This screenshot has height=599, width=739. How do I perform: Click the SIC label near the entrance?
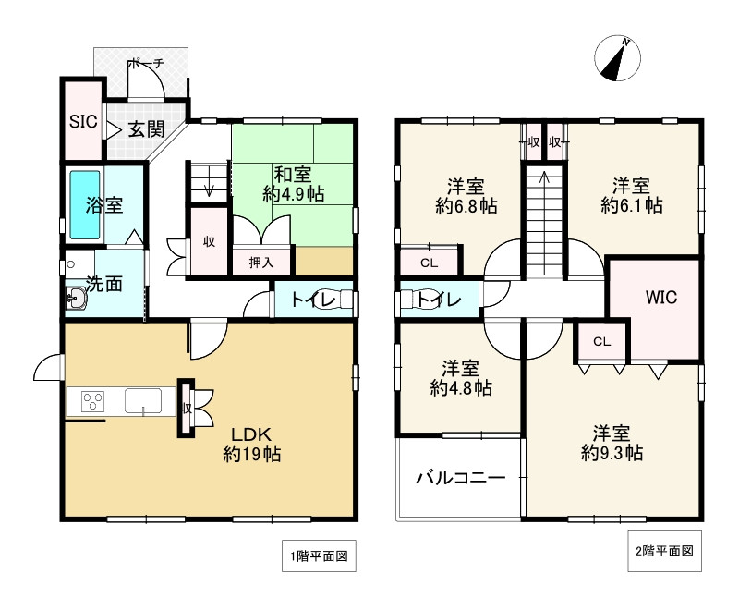coord(83,122)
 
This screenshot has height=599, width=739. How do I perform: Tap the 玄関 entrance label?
coord(147,129)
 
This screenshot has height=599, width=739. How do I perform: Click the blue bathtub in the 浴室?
coord(85,204)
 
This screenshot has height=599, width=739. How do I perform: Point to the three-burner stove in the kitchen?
coord(92,402)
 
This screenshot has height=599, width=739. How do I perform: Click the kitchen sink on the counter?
coord(143,401)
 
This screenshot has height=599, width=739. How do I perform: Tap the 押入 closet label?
coord(261,263)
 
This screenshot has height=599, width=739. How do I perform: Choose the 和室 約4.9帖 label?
coord(293,185)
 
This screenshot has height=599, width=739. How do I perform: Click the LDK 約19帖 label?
coord(251,444)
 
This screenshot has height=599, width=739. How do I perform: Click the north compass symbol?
coord(617,58)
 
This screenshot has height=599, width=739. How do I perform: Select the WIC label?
coord(660,297)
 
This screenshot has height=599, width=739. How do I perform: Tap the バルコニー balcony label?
coord(460,478)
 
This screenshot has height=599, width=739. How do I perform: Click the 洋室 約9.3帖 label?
coord(612,443)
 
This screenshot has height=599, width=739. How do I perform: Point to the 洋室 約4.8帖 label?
coord(461,378)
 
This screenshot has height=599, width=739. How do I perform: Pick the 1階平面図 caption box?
coord(319,556)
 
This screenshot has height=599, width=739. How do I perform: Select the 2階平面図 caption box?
coord(664,551)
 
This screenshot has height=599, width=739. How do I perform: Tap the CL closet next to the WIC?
coord(602,341)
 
